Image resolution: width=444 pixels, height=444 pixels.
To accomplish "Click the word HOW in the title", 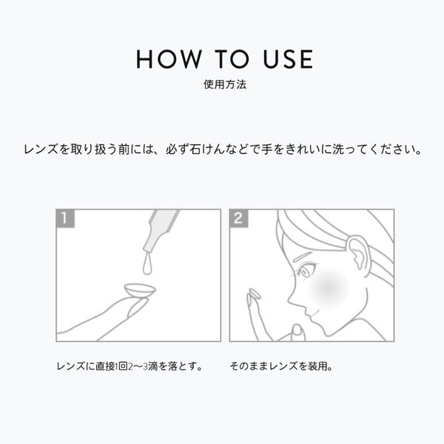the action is [169, 59].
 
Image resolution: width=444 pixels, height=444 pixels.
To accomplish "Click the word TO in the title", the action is [232, 59].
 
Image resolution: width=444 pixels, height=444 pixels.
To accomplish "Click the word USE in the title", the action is [288, 59].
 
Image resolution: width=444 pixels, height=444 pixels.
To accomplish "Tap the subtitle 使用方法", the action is [225, 84].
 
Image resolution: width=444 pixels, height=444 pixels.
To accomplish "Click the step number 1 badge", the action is [65, 218].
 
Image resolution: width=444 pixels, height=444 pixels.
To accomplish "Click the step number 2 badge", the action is [239, 218].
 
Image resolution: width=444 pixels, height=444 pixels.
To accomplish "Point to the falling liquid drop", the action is [147, 265].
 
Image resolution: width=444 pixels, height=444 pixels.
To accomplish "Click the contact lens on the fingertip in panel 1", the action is [140, 291].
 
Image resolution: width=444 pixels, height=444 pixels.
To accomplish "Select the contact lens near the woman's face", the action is [255, 294].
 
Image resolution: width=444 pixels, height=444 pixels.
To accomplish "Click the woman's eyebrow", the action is [303, 257].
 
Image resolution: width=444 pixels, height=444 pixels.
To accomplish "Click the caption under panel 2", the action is [281, 366].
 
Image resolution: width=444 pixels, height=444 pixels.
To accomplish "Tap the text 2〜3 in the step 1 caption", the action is [138, 366].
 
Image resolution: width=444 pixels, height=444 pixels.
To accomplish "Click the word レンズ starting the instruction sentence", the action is [41, 149].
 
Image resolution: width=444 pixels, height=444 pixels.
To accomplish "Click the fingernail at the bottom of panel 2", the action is [297, 330].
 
